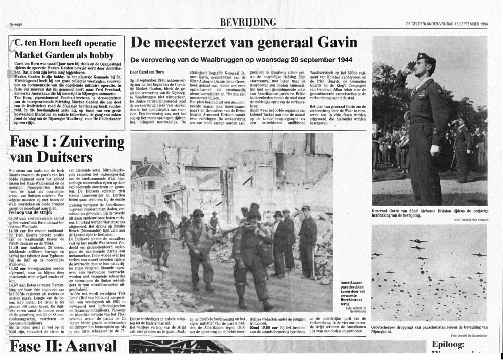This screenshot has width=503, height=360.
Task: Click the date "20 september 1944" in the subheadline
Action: click(x=298, y=59)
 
